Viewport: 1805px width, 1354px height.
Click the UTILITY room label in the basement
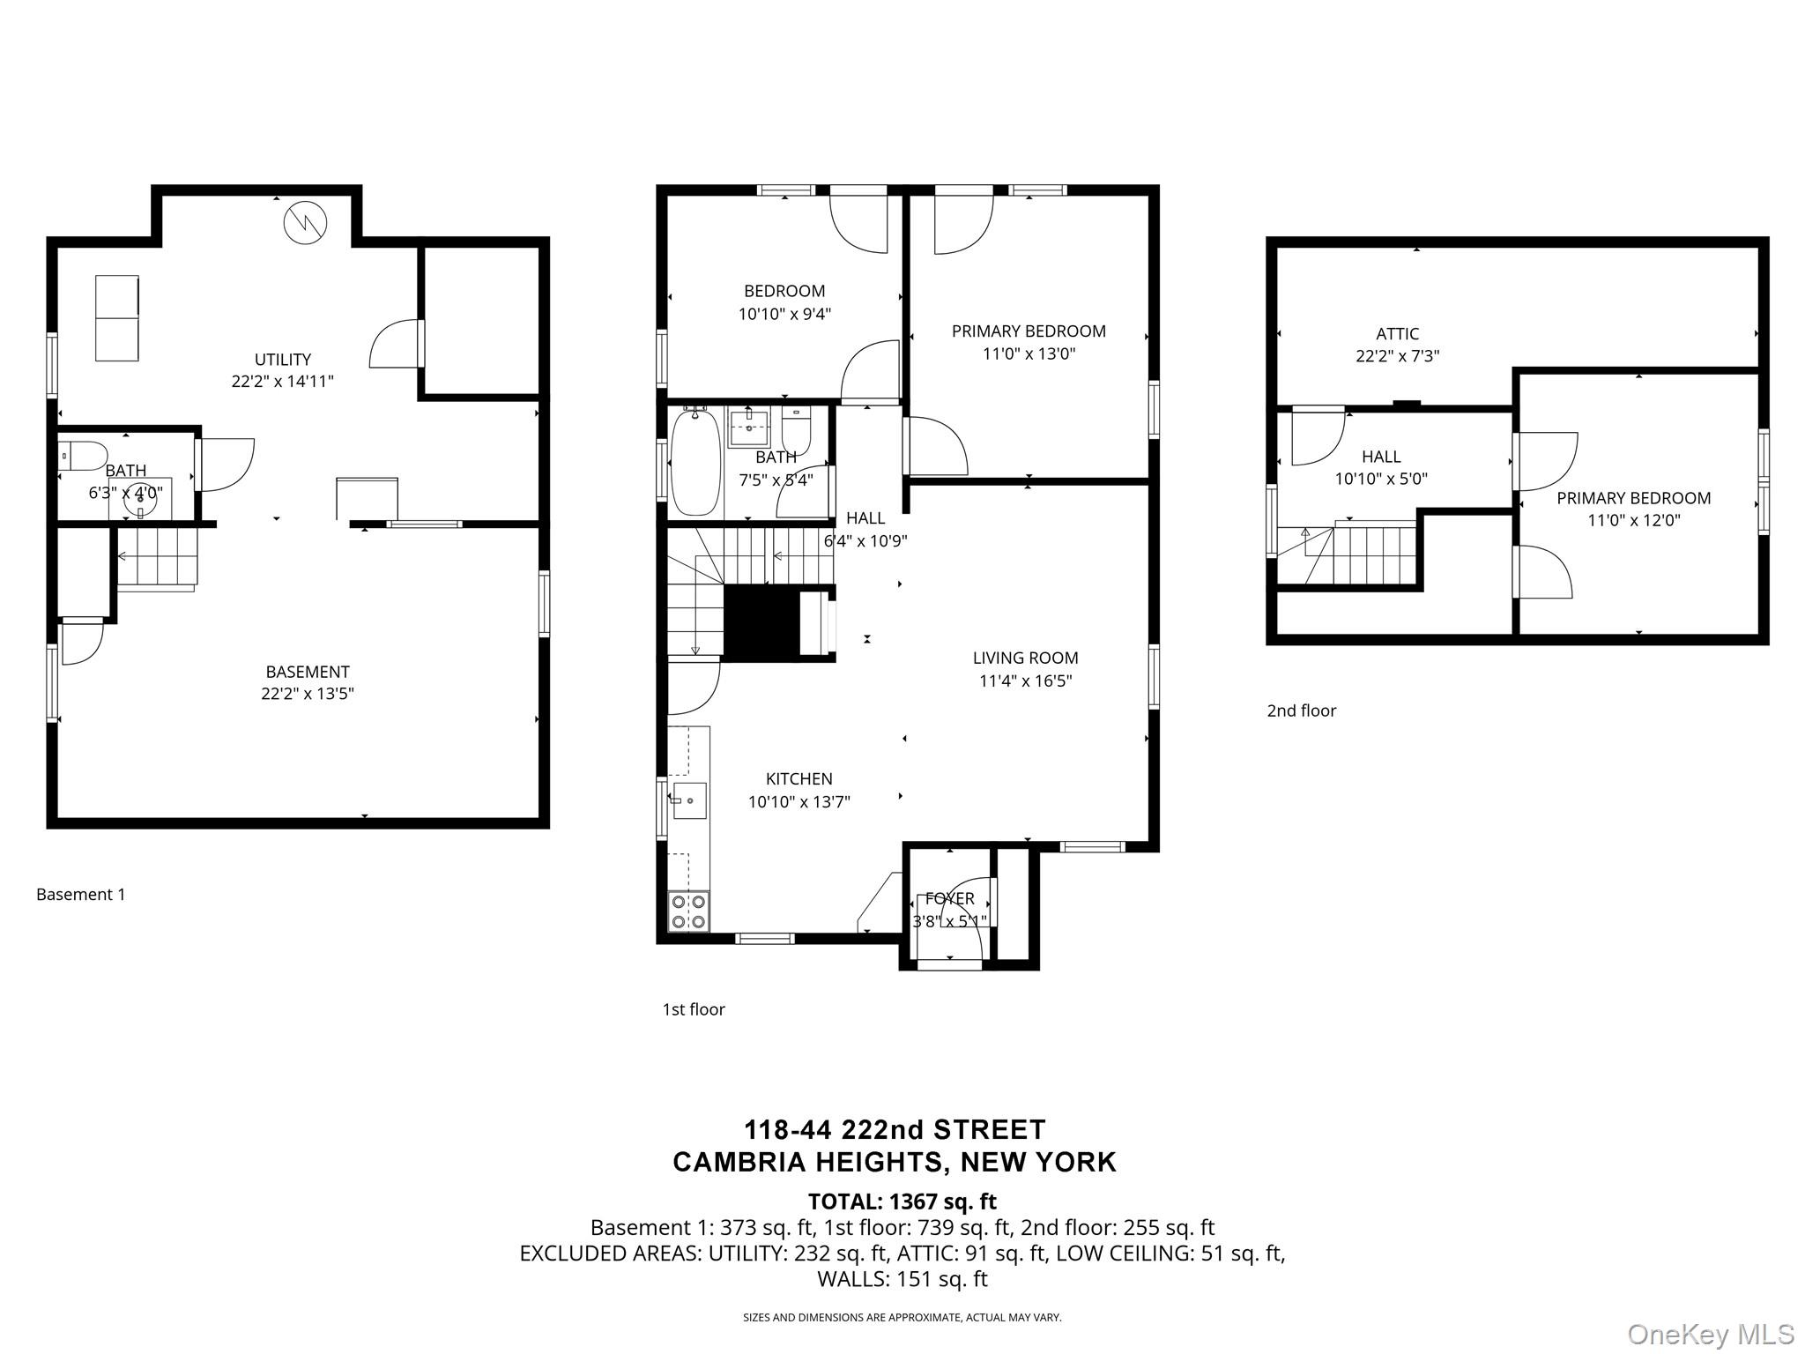click(x=283, y=360)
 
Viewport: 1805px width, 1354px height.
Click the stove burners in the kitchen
click(x=688, y=911)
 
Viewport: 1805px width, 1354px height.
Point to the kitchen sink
click(x=689, y=800)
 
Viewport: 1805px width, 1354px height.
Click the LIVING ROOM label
click(x=1025, y=658)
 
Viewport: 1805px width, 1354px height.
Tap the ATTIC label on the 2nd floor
click(x=1397, y=334)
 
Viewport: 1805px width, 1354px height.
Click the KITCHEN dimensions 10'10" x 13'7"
click(x=799, y=802)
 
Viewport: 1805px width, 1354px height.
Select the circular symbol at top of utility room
click(x=305, y=223)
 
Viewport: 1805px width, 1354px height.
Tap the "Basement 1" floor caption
click(x=81, y=895)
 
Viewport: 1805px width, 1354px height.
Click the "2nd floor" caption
click(x=1302, y=710)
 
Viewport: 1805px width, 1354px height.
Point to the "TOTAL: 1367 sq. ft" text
click(x=902, y=1201)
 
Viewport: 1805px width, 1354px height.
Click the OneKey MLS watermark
click(x=1711, y=1335)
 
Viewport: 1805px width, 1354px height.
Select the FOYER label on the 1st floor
click(x=949, y=898)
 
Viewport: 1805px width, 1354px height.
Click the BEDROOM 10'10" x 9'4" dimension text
click(x=785, y=314)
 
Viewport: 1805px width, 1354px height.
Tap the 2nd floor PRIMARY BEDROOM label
click(x=1633, y=498)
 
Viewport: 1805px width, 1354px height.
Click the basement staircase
click(x=157, y=558)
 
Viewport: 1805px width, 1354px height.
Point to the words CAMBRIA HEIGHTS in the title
click(x=810, y=1162)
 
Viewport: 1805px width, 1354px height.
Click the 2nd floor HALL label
click(x=1381, y=457)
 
